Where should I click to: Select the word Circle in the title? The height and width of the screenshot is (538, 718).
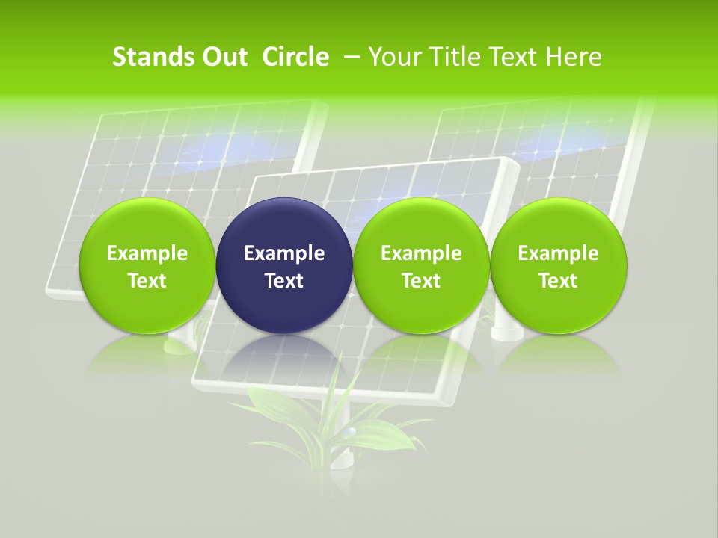click(x=295, y=57)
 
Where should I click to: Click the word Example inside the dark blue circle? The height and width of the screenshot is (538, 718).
click(x=284, y=253)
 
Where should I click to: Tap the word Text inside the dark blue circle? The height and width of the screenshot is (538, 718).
click(x=284, y=281)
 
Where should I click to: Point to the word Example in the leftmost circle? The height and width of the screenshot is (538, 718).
click(x=147, y=253)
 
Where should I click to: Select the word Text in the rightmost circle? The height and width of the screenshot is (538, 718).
click(x=559, y=281)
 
